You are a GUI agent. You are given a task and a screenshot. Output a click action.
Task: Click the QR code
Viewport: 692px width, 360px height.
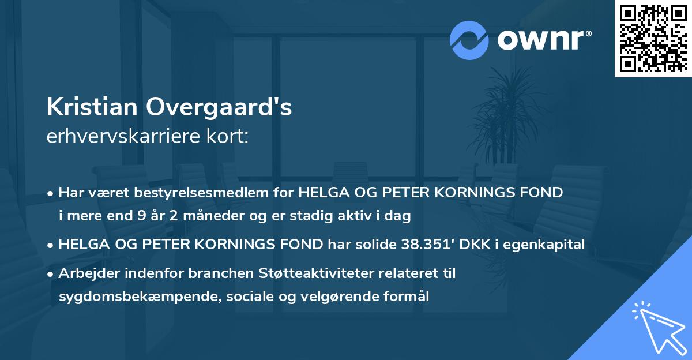(x=653, y=39)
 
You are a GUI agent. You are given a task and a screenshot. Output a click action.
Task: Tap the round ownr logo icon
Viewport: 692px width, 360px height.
(x=469, y=40)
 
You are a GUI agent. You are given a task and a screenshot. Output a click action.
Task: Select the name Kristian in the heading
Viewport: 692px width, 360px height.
(x=92, y=107)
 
